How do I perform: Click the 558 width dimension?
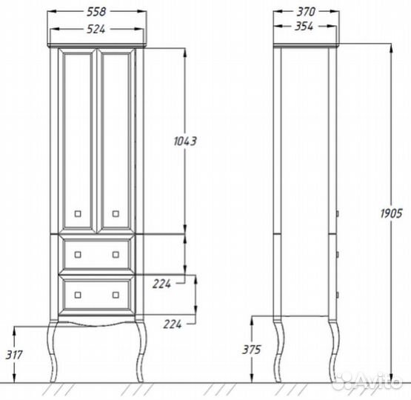(x=96, y=12)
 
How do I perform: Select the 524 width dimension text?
(x=96, y=29)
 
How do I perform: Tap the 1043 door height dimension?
(x=185, y=141)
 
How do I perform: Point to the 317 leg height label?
(x=14, y=355)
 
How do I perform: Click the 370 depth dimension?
(x=306, y=12)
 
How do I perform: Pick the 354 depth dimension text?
(x=304, y=26)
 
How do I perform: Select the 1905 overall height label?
(x=391, y=213)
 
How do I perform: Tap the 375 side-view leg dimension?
(x=252, y=350)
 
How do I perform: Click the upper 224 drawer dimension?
(x=161, y=284)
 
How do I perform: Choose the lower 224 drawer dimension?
(x=173, y=324)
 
